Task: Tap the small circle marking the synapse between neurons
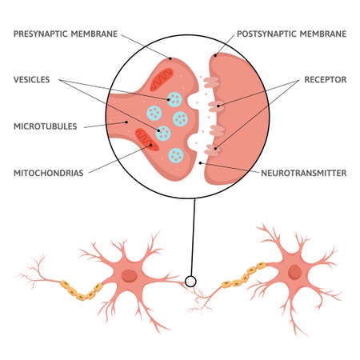[191, 281]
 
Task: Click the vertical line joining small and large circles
[191, 240]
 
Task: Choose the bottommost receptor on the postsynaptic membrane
[210, 149]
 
